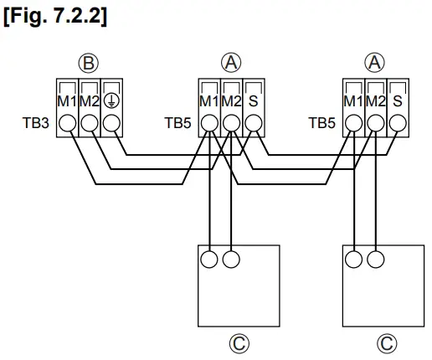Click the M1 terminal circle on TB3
pyautogui.click(x=66, y=122)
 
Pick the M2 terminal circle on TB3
pyautogui.click(x=88, y=122)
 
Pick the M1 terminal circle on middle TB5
pyautogui.click(x=209, y=122)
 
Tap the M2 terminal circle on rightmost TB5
pyautogui.click(x=375, y=122)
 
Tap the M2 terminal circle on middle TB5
pyautogui.click(x=231, y=122)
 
